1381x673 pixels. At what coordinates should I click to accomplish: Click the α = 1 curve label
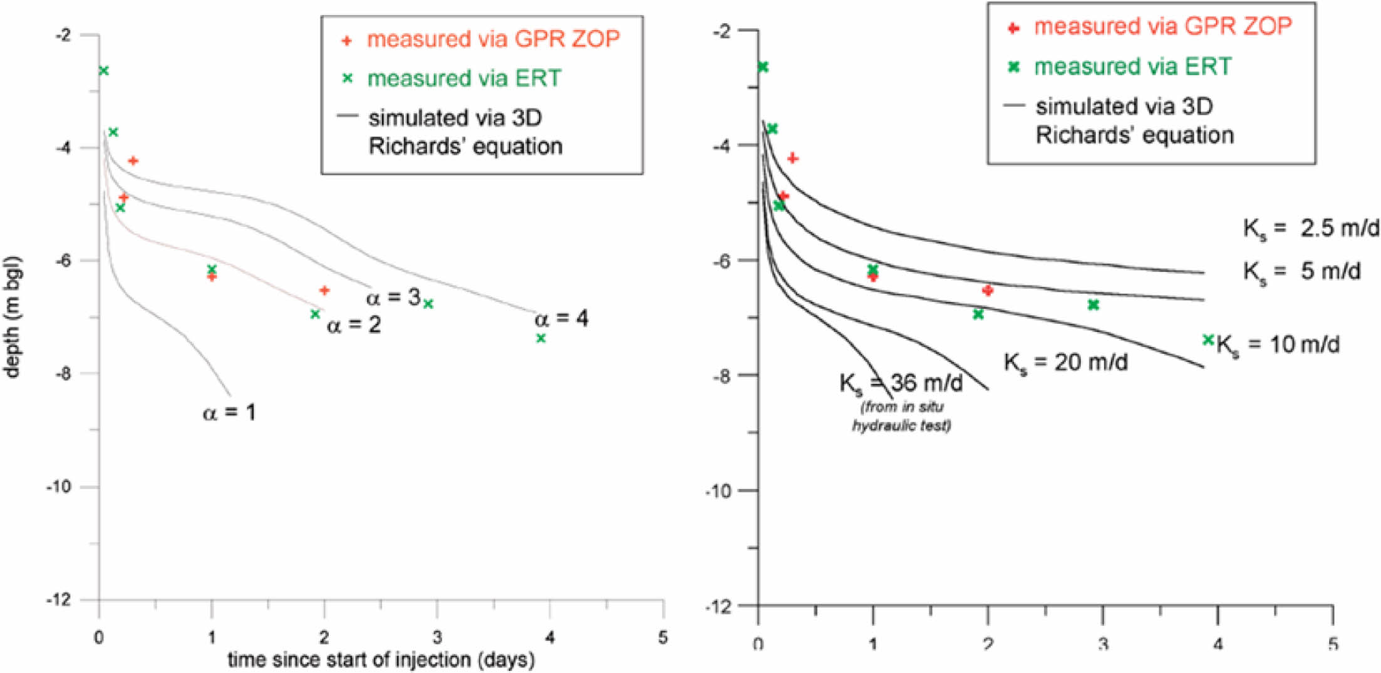[229, 413]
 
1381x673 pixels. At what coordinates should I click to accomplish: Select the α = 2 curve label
[354, 325]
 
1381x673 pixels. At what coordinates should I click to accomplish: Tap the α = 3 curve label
[393, 297]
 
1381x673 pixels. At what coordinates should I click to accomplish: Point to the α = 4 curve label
[561, 319]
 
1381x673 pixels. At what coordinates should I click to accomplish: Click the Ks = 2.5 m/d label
[1311, 229]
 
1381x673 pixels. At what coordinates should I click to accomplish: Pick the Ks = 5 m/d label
[1302, 272]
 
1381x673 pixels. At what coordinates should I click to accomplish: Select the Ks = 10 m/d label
[1278, 345]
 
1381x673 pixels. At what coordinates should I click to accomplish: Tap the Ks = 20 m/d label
[1065, 362]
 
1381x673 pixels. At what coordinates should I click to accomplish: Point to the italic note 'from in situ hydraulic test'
[902, 416]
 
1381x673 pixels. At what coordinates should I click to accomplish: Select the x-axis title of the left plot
[381, 659]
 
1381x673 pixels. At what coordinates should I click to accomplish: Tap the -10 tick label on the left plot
[58, 487]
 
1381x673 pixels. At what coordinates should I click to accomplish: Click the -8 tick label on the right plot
[722, 375]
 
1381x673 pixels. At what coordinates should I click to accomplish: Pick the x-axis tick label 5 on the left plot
[663, 638]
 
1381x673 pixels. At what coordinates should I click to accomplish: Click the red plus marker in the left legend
[346, 41]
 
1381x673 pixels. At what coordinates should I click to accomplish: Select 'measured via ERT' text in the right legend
[1132, 66]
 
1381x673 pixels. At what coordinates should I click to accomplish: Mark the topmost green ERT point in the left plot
[104, 71]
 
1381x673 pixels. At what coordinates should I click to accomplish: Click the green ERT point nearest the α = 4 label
[541, 338]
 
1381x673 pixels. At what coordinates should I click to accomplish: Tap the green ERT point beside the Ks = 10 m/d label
[1208, 340]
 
